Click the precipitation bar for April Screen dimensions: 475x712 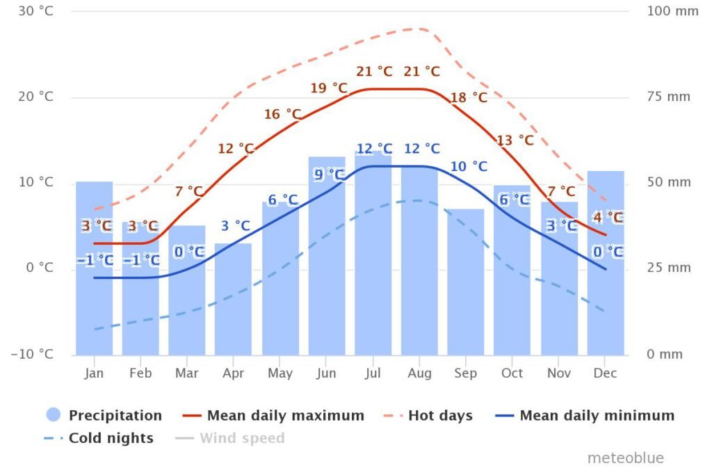[233, 299]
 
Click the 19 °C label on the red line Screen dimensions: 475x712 [329, 88]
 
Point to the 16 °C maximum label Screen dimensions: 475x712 [282, 114]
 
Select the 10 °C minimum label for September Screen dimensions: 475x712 [469, 166]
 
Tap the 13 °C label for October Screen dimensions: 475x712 [515, 140]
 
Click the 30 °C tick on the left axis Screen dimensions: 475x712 [36, 11]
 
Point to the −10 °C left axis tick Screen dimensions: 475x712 [32, 354]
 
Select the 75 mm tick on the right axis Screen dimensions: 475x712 [668, 97]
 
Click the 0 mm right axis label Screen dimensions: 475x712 [665, 354]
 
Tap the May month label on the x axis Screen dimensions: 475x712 [280, 373]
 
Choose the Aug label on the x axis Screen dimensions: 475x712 [419, 373]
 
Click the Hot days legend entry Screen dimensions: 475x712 [439, 416]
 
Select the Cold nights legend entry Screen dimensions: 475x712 [110, 438]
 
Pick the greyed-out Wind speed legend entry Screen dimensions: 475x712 [241, 438]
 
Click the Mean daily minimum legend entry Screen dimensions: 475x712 [597, 416]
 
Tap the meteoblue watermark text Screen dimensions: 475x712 [625, 458]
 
